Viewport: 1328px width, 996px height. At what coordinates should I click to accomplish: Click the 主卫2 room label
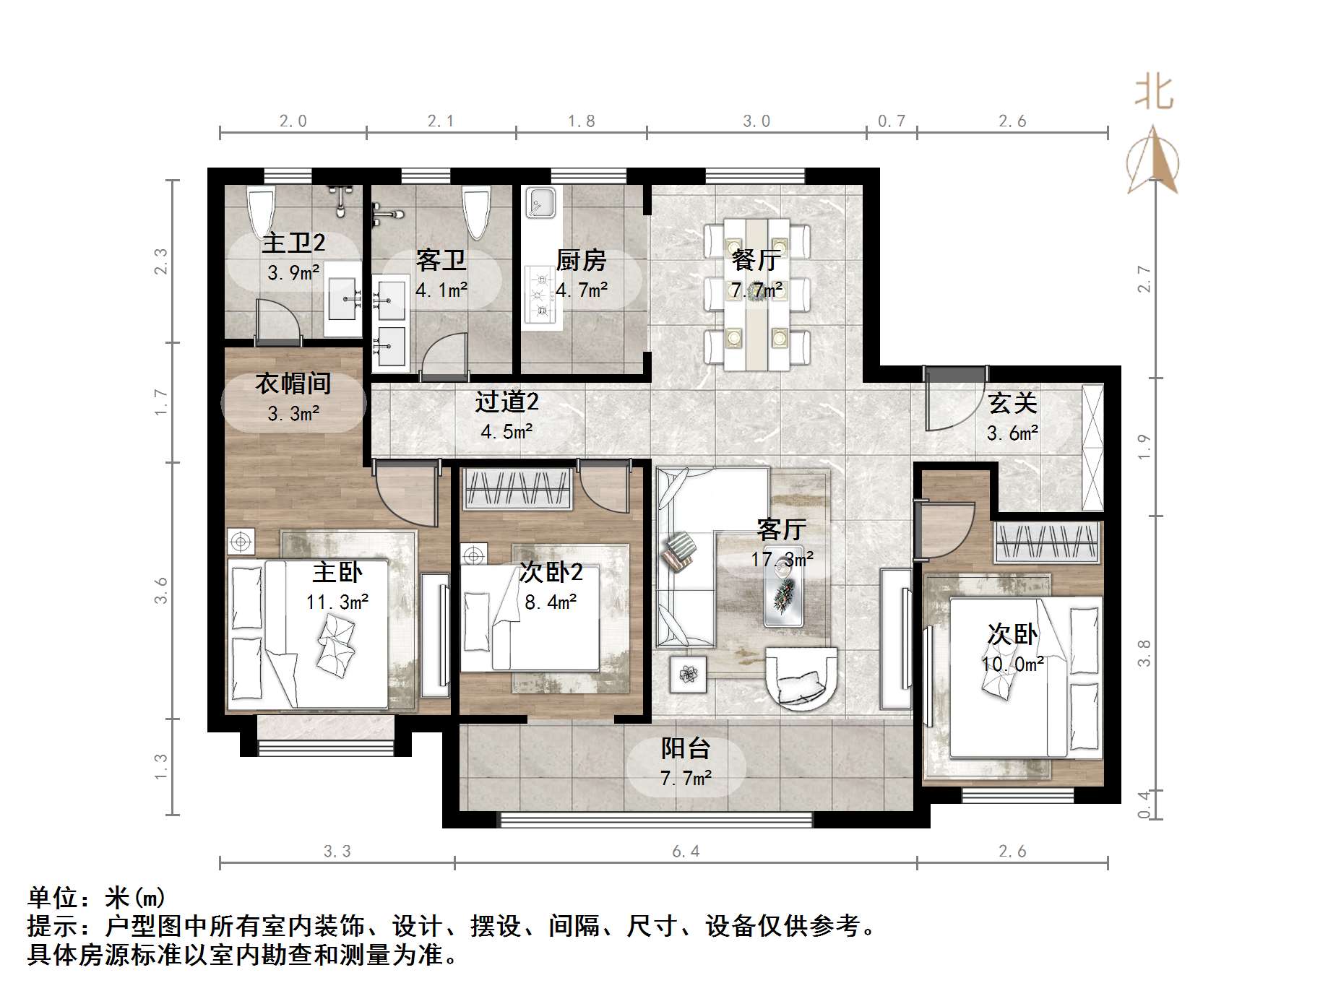tap(293, 243)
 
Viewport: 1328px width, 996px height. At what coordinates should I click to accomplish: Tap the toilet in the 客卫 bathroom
tap(477, 212)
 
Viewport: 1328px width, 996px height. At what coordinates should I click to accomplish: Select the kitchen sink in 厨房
tap(540, 202)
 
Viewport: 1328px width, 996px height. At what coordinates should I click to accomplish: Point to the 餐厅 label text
tap(756, 260)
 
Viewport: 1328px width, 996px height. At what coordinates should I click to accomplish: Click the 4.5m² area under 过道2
tap(506, 432)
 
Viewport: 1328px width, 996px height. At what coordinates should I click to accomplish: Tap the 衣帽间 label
tap(293, 383)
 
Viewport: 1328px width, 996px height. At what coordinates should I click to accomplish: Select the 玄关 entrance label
tap(1012, 403)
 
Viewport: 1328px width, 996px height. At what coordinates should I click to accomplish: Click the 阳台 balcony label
tap(685, 748)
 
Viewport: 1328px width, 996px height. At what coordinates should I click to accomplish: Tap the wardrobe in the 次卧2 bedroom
tap(517, 488)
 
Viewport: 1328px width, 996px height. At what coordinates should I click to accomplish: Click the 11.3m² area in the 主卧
tap(337, 602)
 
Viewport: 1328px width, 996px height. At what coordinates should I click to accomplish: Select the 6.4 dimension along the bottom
tap(686, 852)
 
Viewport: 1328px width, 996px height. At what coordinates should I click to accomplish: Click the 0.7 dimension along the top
tap(891, 121)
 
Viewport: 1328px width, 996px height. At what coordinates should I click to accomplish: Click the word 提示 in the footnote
tap(53, 926)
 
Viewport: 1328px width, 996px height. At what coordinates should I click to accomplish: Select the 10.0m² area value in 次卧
tap(1012, 664)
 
